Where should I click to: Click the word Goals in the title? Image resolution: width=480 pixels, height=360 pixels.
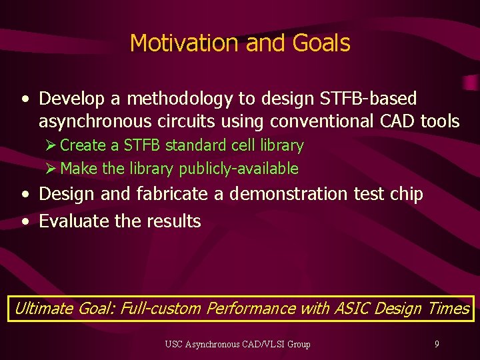point(321,43)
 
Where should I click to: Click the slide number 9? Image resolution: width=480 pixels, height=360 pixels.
point(437,345)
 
